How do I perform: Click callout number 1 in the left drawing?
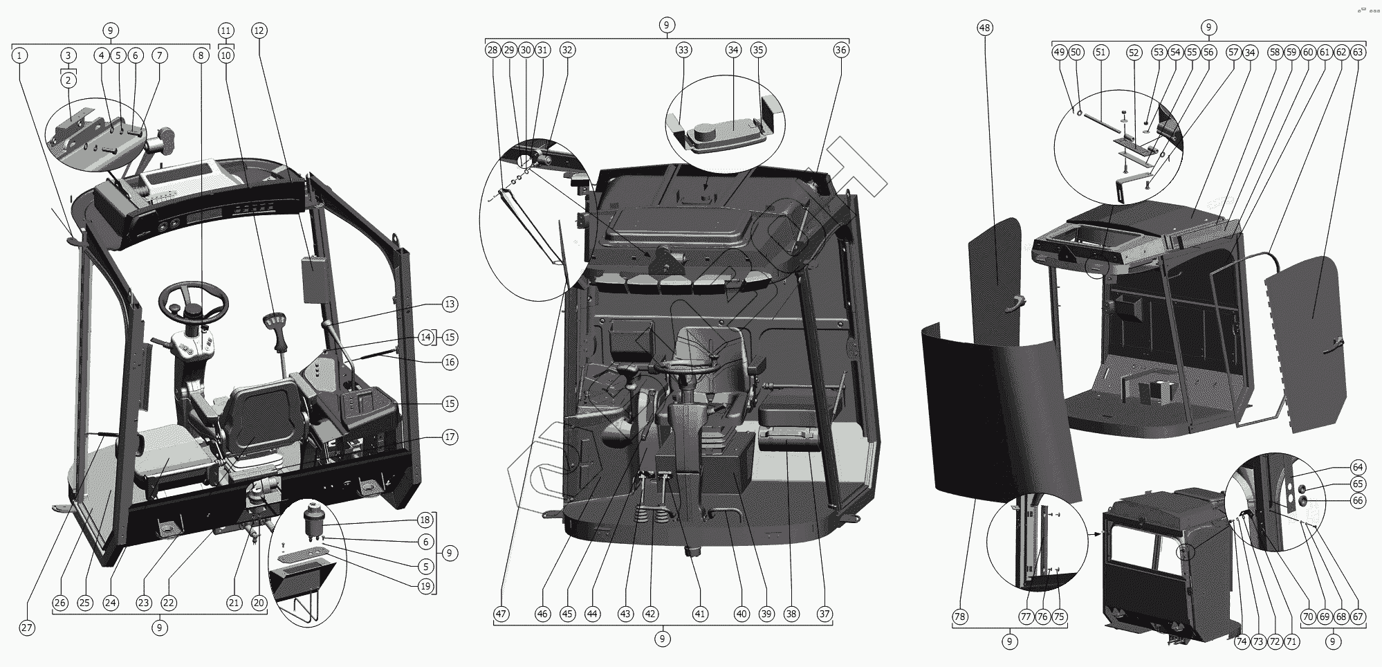click(x=21, y=55)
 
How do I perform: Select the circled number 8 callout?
click(x=201, y=55)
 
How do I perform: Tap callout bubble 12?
click(x=259, y=30)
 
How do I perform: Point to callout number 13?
click(x=450, y=304)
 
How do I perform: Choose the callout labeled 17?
click(x=450, y=437)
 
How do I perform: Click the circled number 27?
click(x=26, y=628)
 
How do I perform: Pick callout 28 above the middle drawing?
click(x=492, y=50)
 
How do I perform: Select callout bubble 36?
click(x=841, y=50)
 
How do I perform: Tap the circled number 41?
click(x=701, y=614)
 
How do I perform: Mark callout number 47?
click(x=501, y=614)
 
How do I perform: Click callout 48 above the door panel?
click(x=985, y=28)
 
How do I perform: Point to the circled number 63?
click(x=1358, y=52)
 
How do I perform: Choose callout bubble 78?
click(x=960, y=616)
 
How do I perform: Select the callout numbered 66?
click(x=1358, y=501)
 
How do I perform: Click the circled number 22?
click(x=169, y=603)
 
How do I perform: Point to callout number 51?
click(x=1100, y=52)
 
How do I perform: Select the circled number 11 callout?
click(x=226, y=30)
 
